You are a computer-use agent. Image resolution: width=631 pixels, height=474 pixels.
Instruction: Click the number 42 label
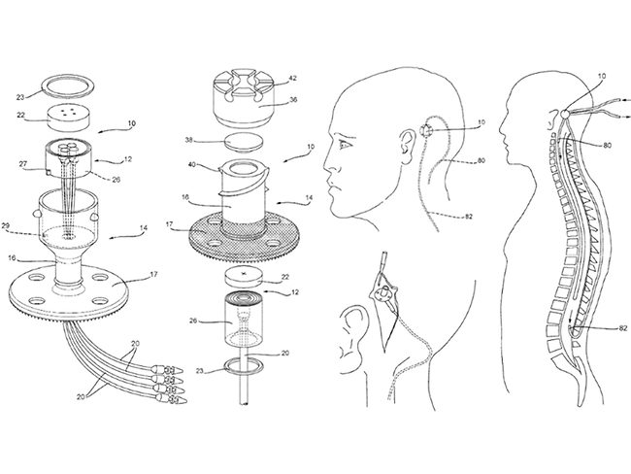(293, 78)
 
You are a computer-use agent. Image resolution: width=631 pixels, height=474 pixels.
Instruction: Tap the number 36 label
(293, 99)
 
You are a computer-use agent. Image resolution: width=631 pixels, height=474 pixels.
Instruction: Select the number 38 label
(189, 140)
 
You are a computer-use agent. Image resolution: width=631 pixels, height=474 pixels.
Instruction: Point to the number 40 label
(192, 164)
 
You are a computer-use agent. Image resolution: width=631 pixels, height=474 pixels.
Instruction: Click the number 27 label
(22, 164)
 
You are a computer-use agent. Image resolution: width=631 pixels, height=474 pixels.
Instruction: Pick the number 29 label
(6, 226)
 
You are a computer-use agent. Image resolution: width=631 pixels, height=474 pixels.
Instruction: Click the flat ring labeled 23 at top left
(68, 86)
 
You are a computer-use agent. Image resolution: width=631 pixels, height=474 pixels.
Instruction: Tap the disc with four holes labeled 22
(68, 118)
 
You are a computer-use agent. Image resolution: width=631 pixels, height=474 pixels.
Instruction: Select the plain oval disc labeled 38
(245, 142)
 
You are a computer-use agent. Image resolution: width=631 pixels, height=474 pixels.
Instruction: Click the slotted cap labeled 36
(245, 97)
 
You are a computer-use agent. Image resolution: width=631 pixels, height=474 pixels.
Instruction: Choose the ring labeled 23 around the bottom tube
(245, 367)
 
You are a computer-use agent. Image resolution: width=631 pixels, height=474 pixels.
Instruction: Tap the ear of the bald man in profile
(407, 147)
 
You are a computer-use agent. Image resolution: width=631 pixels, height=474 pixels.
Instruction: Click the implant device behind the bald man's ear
(426, 130)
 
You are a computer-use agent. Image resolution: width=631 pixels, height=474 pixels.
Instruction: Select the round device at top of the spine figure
(565, 114)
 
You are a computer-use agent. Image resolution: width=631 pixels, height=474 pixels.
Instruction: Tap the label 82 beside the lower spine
(622, 328)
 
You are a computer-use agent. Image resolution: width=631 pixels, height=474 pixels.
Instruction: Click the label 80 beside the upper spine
(607, 145)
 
